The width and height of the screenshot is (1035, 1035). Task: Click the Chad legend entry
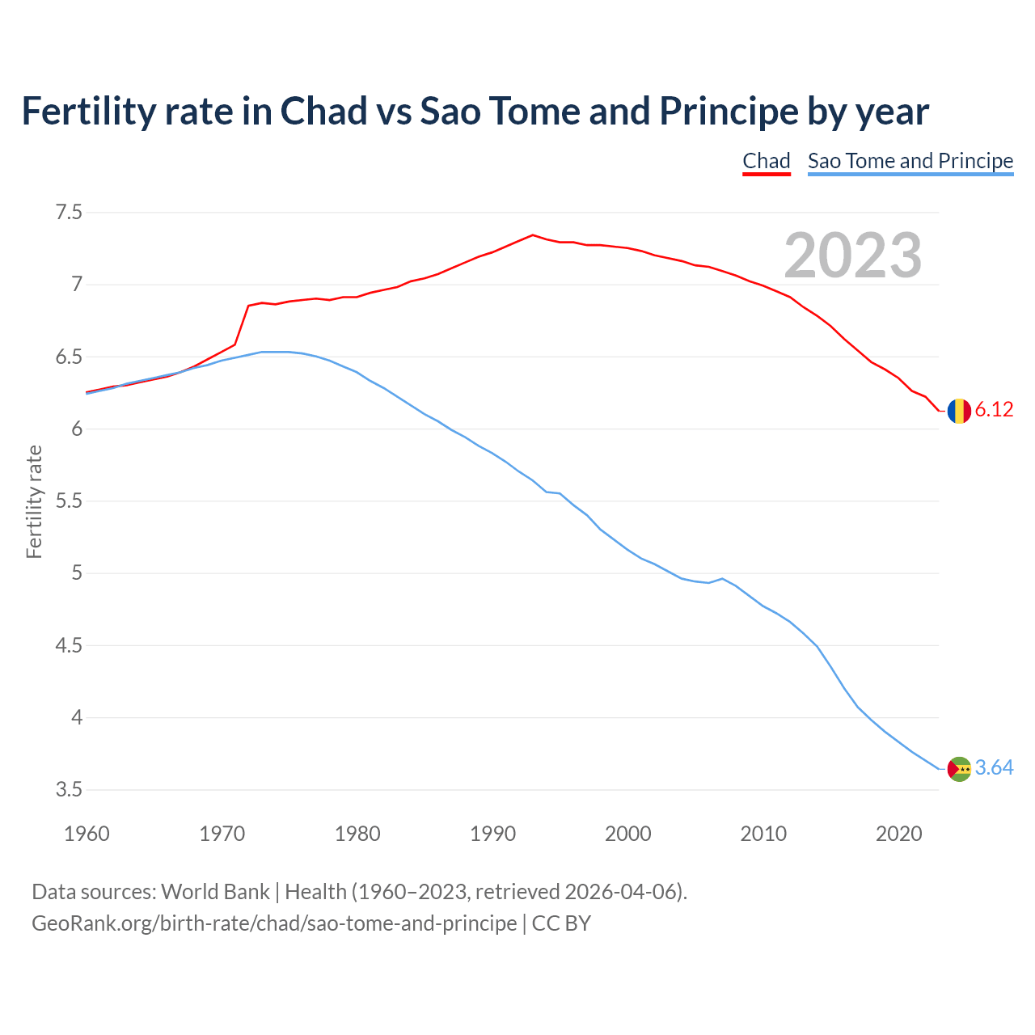(x=766, y=161)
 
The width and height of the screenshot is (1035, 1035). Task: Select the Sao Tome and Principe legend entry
(x=910, y=161)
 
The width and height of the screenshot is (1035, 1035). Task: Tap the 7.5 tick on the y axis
(x=69, y=213)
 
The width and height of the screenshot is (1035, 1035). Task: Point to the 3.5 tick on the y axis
(x=69, y=789)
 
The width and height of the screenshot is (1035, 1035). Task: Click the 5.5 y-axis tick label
(x=69, y=501)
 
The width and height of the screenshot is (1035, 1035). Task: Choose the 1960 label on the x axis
(x=87, y=834)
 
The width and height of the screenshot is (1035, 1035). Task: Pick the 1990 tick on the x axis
(x=492, y=834)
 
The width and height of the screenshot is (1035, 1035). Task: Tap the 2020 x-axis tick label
(x=898, y=834)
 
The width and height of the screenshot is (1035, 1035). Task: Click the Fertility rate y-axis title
(x=34, y=501)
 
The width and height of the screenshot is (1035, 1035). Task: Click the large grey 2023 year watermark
(x=852, y=256)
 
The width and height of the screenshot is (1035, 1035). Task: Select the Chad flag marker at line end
(x=959, y=411)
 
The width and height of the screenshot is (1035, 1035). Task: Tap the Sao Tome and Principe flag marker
(x=959, y=768)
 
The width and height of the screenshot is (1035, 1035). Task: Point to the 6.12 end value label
(x=994, y=410)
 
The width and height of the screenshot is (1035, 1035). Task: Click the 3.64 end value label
(x=994, y=768)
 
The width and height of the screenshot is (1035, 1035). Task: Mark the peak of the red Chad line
(x=533, y=235)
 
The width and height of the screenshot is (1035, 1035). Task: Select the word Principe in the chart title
(x=729, y=111)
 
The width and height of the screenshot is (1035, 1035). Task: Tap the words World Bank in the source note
(x=215, y=892)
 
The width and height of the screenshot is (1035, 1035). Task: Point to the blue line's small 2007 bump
(x=722, y=578)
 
